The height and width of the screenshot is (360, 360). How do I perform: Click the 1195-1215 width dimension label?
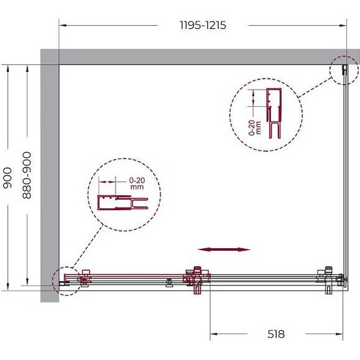pos(203,25)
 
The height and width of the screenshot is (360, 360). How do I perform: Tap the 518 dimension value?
pos(276,334)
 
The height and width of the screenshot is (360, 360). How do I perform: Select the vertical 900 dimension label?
pos(8,177)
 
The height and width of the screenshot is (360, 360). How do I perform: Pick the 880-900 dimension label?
pos(27,175)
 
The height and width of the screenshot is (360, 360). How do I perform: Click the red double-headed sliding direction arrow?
pos(224,249)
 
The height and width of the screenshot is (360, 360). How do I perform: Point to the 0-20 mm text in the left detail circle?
pos(137,183)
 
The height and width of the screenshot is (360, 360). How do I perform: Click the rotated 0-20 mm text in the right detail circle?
pos(255,128)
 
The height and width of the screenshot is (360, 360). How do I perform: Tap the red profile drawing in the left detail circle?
pos(123,203)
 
